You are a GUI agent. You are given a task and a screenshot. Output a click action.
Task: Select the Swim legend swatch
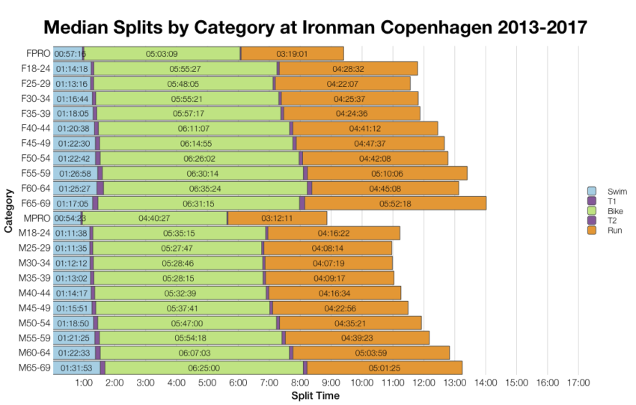tap(592, 191)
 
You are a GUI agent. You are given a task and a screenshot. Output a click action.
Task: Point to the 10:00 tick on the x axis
tap(362, 383)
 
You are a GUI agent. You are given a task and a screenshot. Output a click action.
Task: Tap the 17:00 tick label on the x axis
tap(578, 383)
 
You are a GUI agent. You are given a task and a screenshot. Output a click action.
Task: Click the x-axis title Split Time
tap(315, 395)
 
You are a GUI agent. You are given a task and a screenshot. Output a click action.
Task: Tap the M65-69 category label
tap(34, 368)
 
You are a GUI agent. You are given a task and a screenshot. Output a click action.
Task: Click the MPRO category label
tap(37, 218)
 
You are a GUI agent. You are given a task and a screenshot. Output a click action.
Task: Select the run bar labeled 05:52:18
tap(395, 203)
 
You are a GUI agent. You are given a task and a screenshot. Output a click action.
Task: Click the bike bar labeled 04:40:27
tap(154, 218)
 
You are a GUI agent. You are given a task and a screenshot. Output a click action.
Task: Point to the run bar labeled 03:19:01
tap(292, 53)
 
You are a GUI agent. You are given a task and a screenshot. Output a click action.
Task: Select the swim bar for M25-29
tap(71, 248)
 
